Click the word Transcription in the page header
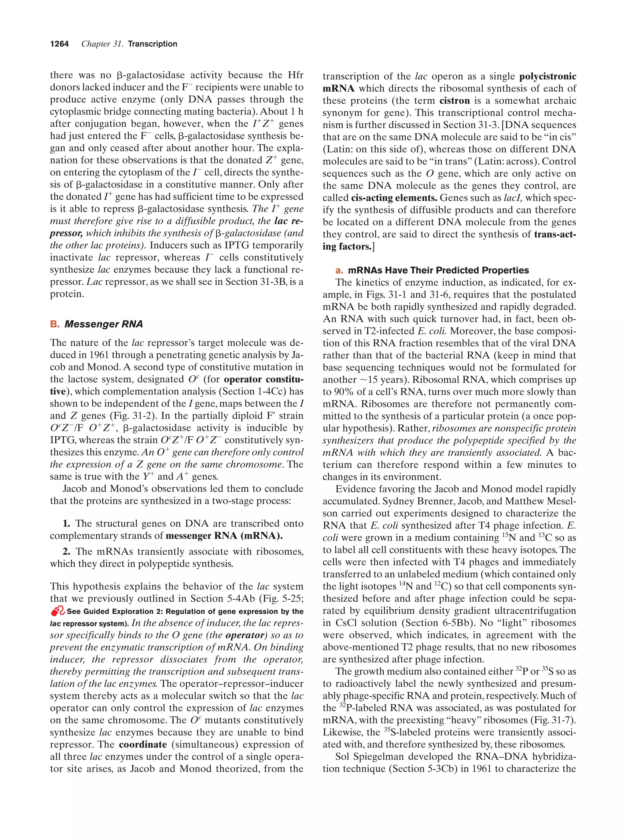(x=152, y=44)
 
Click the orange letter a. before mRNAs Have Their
(x=339, y=271)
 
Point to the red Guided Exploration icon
(x=57, y=611)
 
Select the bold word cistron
(x=454, y=101)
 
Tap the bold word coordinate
(x=143, y=744)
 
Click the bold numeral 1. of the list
(x=66, y=524)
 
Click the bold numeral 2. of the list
(x=66, y=552)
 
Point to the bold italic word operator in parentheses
(x=244, y=635)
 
